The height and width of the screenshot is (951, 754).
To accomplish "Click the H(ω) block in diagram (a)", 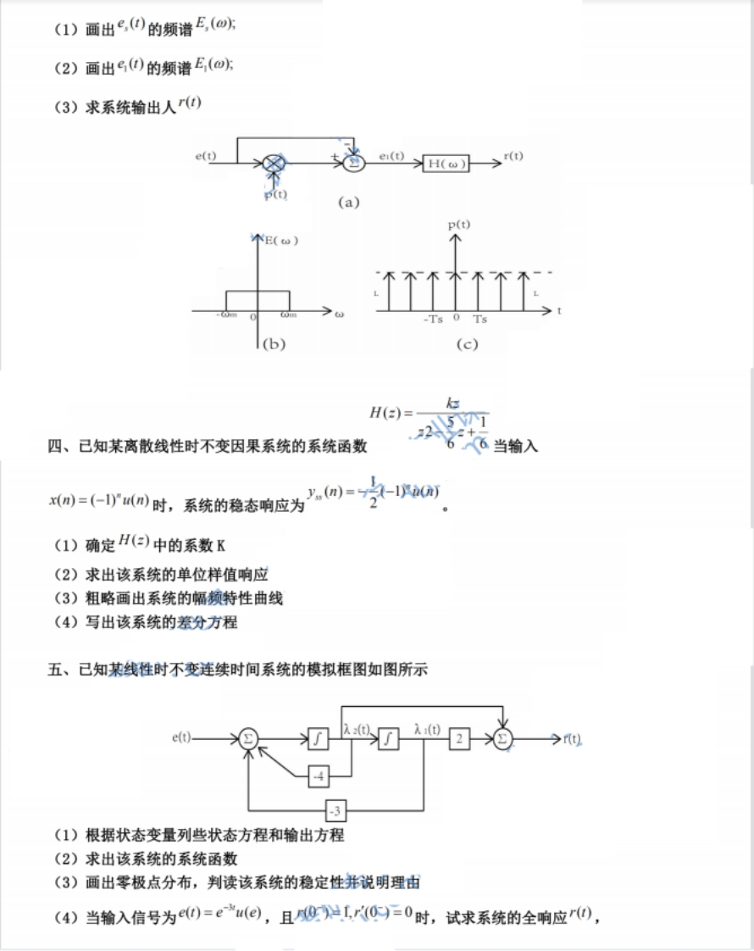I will (x=446, y=164).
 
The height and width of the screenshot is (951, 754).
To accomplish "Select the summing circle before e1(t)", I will (x=355, y=162).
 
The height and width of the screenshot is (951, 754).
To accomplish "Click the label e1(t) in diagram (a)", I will (x=391, y=156).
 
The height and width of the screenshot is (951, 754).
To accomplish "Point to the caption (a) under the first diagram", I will (x=349, y=202).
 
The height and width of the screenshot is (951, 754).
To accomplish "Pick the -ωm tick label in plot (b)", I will (x=226, y=316).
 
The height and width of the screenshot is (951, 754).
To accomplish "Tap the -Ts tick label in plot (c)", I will (x=433, y=320).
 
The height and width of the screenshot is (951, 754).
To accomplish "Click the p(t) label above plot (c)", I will (x=458, y=224).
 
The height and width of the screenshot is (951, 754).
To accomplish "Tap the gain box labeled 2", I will (x=460, y=738).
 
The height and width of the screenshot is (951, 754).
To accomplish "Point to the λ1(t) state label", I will (x=427, y=728).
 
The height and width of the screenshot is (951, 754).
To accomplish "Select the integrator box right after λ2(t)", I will (x=389, y=738).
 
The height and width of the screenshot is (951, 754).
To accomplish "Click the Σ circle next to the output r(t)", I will (x=503, y=738).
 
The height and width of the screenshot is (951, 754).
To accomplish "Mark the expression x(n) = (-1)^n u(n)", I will (x=99, y=501).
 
